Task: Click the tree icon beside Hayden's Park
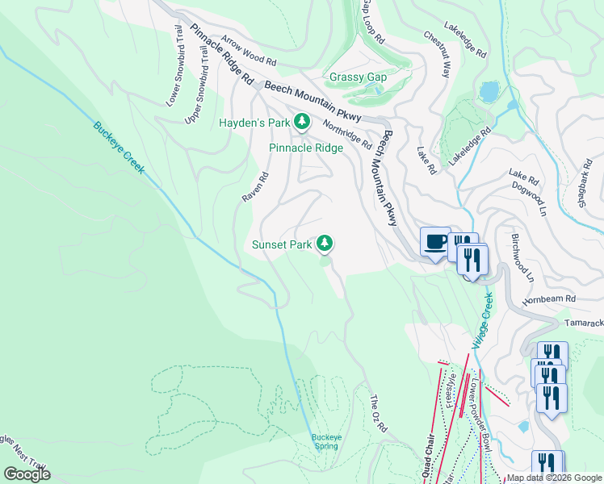[x=302, y=123]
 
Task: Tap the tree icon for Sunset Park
[x=325, y=243]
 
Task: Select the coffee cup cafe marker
[x=435, y=241]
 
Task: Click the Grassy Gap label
[x=358, y=77]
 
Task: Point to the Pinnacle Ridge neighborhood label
[x=306, y=148]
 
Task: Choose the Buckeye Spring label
[x=327, y=441]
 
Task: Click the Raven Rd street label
[x=255, y=186]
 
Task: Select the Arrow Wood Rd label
[x=249, y=50]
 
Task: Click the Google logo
[x=27, y=474]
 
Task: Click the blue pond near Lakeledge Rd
[x=489, y=91]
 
